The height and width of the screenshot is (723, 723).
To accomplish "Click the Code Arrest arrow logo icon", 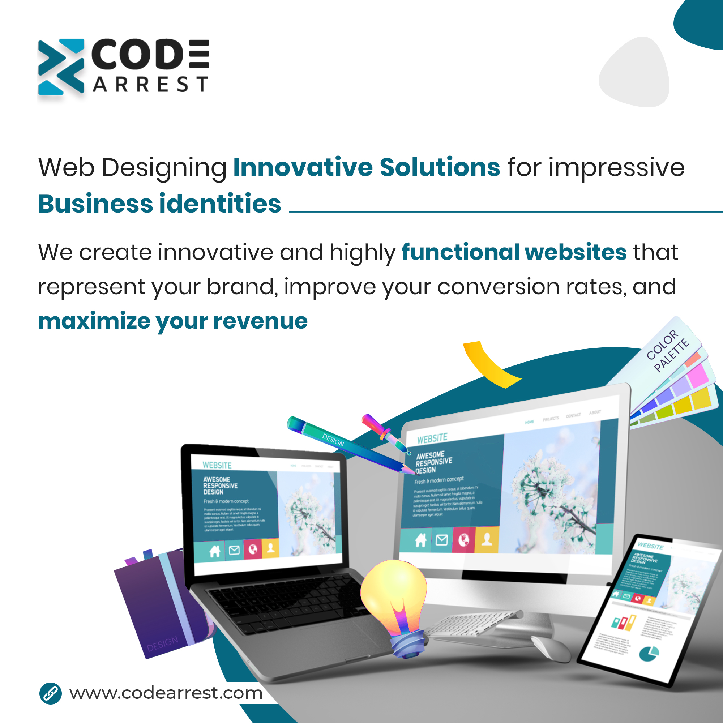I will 61,67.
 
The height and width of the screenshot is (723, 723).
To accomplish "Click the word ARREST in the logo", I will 150,85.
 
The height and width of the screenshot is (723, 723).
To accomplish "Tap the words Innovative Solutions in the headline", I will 366,167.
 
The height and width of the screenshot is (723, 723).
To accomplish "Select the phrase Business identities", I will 159,204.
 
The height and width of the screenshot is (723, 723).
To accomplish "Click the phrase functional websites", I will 514,252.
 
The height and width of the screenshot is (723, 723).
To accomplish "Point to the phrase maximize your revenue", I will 172,321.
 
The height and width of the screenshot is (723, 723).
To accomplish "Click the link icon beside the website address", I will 51,693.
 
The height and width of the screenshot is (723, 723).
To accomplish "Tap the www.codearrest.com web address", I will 166,693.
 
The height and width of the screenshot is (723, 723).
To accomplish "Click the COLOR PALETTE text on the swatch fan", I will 668,350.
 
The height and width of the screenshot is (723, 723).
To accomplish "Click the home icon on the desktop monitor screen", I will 420,540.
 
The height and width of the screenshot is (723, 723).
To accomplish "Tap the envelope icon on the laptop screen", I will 234,550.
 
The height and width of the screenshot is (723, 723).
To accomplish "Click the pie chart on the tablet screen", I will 649,653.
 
